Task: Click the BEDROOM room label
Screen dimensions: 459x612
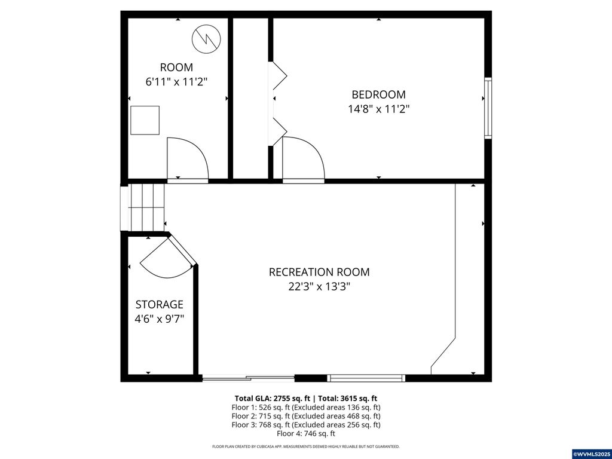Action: [x=378, y=94]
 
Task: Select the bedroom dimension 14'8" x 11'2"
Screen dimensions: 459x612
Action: [x=378, y=109]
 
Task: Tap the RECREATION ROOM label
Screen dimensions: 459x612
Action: [x=319, y=272]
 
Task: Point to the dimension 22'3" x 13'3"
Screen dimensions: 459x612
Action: [x=319, y=286]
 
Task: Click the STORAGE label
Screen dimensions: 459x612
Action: [x=159, y=305]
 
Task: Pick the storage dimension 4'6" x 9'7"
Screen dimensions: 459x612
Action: [x=159, y=319]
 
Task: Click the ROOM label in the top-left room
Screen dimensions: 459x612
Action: [x=176, y=68]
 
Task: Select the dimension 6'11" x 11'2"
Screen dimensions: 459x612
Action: [x=176, y=82]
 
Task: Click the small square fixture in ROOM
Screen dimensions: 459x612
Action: [x=145, y=120]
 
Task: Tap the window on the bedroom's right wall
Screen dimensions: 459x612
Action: [x=488, y=109]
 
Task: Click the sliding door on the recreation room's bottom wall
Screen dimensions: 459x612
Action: [x=248, y=378]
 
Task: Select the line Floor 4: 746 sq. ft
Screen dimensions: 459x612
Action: [x=305, y=433]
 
